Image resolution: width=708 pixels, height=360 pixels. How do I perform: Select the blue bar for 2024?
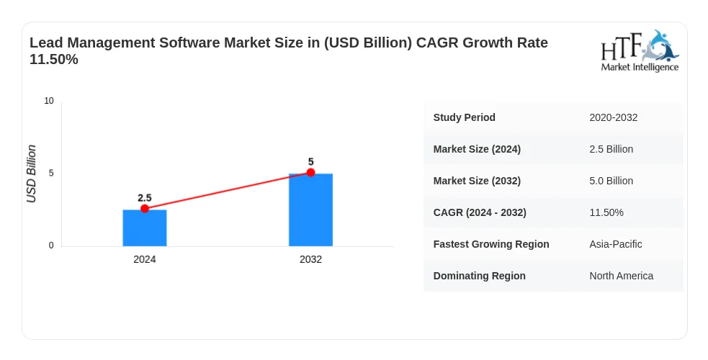[145, 228]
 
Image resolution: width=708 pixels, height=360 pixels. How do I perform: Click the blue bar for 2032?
[310, 210]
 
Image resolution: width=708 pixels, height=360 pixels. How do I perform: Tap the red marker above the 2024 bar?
[145, 208]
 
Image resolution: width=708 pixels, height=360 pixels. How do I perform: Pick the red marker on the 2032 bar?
[310, 172]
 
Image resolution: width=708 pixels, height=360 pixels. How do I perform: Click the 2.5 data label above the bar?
[145, 198]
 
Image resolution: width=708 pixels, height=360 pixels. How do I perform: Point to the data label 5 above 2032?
[310, 162]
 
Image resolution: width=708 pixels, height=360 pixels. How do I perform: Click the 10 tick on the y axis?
[49, 101]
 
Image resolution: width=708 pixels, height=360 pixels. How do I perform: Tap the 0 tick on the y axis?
[51, 246]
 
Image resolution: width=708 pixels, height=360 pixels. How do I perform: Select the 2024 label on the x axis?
[145, 259]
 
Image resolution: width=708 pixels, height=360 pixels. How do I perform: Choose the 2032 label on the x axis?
[310, 259]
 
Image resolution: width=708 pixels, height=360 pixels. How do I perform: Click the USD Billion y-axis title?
[31, 174]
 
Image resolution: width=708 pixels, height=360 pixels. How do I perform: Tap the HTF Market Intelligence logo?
[640, 51]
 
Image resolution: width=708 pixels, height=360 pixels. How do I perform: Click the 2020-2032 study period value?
[613, 118]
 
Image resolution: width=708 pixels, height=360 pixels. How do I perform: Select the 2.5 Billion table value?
[611, 149]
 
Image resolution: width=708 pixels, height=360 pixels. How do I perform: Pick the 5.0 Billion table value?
[611, 181]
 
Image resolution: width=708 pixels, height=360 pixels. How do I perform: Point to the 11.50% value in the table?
[606, 212]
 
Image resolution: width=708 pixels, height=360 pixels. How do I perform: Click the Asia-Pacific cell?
[615, 244]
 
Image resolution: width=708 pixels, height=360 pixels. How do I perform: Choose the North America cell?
[621, 276]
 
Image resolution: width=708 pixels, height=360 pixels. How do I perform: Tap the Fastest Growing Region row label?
[491, 244]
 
